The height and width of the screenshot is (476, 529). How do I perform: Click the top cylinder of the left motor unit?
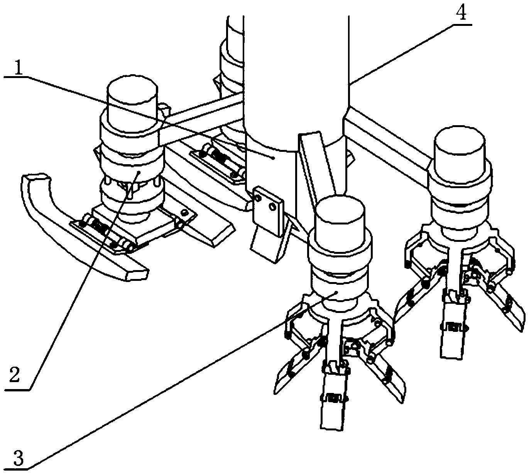[x=132, y=98]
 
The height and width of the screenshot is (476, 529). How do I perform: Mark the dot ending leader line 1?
[x=273, y=158]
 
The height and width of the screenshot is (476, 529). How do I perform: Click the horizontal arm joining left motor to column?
[x=201, y=118]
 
